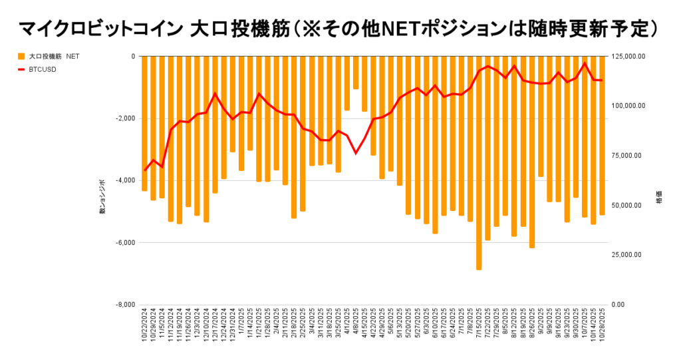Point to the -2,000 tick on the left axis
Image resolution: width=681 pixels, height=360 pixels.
point(124,118)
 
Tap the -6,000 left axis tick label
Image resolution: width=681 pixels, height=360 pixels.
point(124,242)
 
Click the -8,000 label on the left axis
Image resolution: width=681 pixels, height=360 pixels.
point(124,305)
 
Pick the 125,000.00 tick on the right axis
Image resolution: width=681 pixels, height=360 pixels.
point(628,57)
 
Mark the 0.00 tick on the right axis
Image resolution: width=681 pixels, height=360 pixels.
point(618,305)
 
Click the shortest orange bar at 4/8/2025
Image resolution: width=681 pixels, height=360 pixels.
point(356,73)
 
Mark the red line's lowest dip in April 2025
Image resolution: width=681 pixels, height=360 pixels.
point(356,153)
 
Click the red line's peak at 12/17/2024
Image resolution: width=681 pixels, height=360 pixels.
point(215,93)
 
